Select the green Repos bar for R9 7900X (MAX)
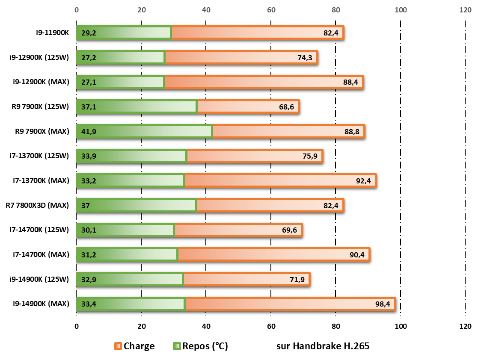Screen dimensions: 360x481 pos(144,132)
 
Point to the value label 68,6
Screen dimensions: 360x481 pos(286,107)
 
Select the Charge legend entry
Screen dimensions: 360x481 pos(134,346)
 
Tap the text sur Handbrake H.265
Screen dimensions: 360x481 pos(323,346)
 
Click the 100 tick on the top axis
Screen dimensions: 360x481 pos(401,10)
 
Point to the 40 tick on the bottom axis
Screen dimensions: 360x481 pos(206,326)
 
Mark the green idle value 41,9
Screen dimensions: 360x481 pos(89,132)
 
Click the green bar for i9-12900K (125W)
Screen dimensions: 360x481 pos(121,57)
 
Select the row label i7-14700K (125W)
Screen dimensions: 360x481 pos(39,230)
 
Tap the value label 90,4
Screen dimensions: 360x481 pos(357,255)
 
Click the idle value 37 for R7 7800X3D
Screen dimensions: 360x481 pos(85,206)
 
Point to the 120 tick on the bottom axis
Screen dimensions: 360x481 pos(465,326)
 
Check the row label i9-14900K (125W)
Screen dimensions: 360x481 pos(39,279)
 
